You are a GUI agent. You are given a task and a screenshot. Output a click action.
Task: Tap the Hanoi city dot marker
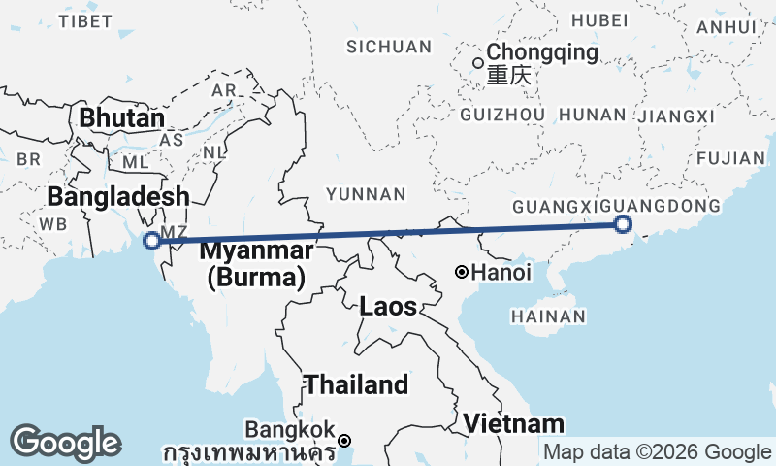pos(463,272)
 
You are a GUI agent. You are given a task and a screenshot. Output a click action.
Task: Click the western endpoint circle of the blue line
pos(151,241)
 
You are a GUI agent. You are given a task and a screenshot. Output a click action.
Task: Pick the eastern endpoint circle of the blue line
pos(623,225)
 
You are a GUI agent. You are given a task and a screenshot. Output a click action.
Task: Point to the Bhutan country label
pos(122,118)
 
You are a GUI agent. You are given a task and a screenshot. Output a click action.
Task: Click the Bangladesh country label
pos(118,197)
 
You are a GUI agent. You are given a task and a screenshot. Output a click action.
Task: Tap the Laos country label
pos(388,308)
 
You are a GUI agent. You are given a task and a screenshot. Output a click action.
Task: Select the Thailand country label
pos(356,384)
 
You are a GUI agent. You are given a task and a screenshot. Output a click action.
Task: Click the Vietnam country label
pos(513,423)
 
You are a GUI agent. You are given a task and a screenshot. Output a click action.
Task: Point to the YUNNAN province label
pos(366,195)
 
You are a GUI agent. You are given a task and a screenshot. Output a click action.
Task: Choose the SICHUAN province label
pos(389,47)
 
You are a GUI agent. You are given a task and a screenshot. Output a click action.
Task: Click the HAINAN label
pos(548,316)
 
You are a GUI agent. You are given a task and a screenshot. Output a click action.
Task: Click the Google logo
pos(65,443)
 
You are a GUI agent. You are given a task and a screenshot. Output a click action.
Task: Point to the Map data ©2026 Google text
pos(657,451)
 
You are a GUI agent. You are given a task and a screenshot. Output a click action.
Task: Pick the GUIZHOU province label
pos(503,115)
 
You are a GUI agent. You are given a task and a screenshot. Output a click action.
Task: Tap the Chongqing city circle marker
pos(477,64)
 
